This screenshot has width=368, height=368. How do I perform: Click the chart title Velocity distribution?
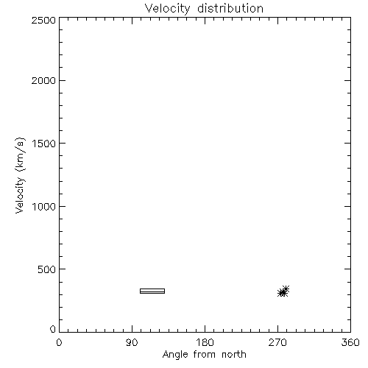(204, 9)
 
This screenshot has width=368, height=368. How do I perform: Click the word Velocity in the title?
(167, 9)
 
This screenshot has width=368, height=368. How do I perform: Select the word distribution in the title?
(230, 8)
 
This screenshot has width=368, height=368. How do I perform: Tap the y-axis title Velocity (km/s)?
(20, 175)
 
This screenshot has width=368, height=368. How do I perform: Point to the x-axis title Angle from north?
(204, 355)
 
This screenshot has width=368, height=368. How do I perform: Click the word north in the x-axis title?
(234, 355)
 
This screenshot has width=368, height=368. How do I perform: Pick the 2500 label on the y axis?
(43, 20)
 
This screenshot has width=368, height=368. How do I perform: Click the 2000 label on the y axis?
(43, 80)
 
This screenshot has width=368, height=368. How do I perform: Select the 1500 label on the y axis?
(44, 144)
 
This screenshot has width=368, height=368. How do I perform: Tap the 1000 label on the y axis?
(44, 206)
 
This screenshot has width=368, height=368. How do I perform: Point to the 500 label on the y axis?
(47, 269)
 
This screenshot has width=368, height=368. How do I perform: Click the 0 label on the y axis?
(53, 329)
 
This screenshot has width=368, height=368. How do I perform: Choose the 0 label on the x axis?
(59, 342)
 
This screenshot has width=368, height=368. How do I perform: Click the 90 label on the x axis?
(132, 342)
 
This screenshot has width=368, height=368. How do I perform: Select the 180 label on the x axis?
(205, 342)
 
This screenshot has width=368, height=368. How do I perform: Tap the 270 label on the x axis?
(277, 342)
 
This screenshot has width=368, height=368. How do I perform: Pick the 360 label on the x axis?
(350, 342)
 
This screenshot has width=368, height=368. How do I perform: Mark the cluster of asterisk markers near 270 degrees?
(283, 291)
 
